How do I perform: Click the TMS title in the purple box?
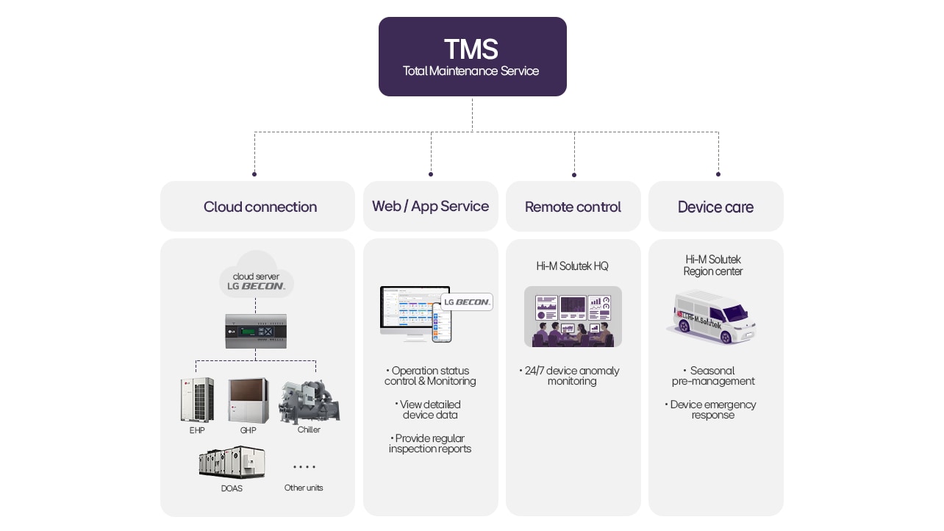(x=471, y=49)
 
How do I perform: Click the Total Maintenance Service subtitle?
(x=471, y=71)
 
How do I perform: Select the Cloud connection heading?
(x=260, y=207)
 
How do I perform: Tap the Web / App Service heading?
(x=430, y=206)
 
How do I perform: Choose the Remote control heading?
(x=573, y=207)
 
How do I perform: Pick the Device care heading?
(x=715, y=207)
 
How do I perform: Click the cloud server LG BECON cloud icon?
(x=256, y=277)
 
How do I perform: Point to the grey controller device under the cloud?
(x=255, y=330)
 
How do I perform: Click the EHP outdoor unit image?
(x=197, y=400)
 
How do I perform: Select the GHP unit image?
(x=248, y=400)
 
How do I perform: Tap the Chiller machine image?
(x=309, y=402)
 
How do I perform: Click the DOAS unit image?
(x=232, y=462)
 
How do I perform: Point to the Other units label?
(x=304, y=488)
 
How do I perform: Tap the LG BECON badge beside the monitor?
(x=467, y=302)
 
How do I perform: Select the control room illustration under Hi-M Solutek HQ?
(x=573, y=316)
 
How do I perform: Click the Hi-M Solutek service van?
(x=711, y=316)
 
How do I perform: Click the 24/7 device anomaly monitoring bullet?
(x=571, y=376)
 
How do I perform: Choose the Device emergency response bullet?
(x=712, y=410)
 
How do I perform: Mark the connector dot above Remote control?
(x=574, y=175)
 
